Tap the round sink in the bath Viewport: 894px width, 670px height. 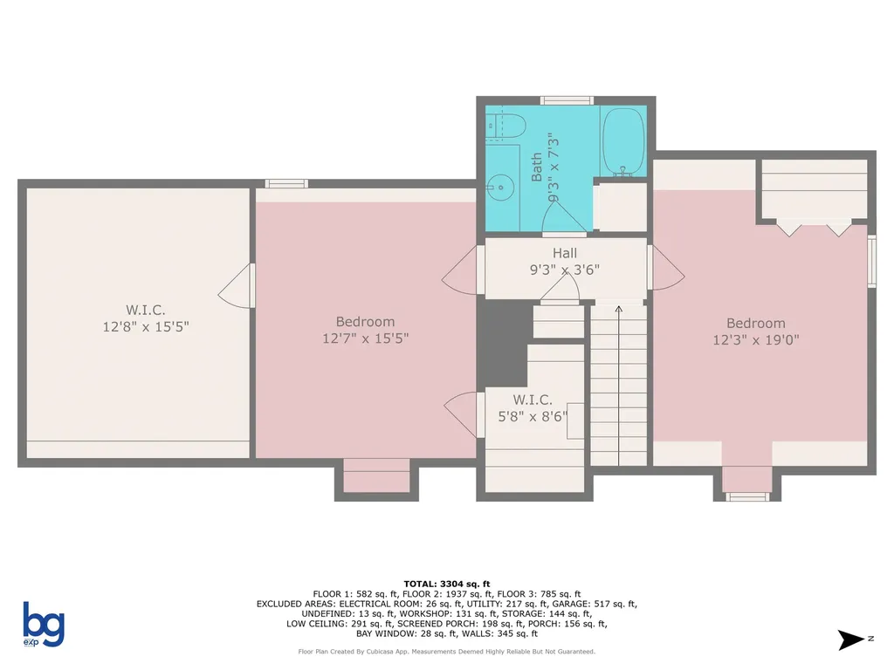[x=499, y=186]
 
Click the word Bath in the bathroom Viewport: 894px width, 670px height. [x=536, y=167]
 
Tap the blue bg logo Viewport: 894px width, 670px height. [x=43, y=624]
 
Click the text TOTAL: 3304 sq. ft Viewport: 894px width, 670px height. [x=446, y=584]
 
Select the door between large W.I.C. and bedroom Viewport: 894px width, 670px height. [x=238, y=285]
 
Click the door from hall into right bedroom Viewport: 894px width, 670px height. [x=664, y=267]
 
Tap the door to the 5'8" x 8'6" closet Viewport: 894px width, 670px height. [x=464, y=414]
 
